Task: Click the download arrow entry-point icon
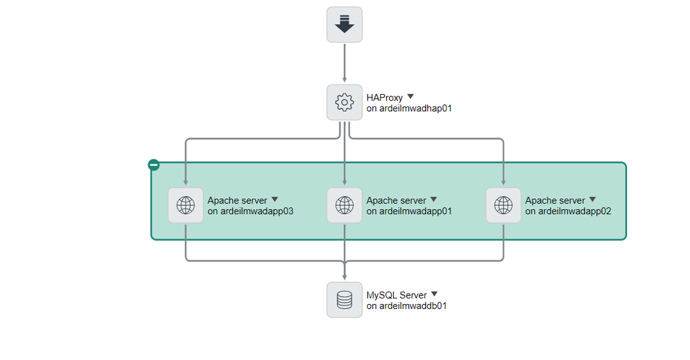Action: click(x=344, y=25)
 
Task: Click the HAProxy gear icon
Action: click(x=344, y=102)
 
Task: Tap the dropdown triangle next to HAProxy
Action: click(x=410, y=97)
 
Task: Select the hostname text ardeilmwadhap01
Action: click(x=409, y=108)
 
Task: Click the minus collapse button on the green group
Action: click(x=154, y=165)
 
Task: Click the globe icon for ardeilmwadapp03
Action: click(x=186, y=205)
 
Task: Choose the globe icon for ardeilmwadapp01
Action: click(x=344, y=205)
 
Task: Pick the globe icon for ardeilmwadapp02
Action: click(x=504, y=205)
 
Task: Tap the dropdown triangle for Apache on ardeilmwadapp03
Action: click(x=274, y=200)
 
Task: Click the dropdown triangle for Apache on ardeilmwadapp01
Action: click(x=433, y=200)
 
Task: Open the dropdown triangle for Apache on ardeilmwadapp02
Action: click(x=592, y=200)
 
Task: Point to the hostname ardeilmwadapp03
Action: click(x=251, y=211)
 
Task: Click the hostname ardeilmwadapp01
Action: click(x=409, y=211)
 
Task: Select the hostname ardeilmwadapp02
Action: click(x=568, y=211)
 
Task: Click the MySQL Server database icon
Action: click(x=344, y=300)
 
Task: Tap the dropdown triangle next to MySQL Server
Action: click(x=434, y=294)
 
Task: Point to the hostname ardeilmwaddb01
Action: click(x=406, y=306)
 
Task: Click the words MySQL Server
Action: click(x=396, y=296)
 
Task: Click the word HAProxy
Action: click(x=384, y=98)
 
